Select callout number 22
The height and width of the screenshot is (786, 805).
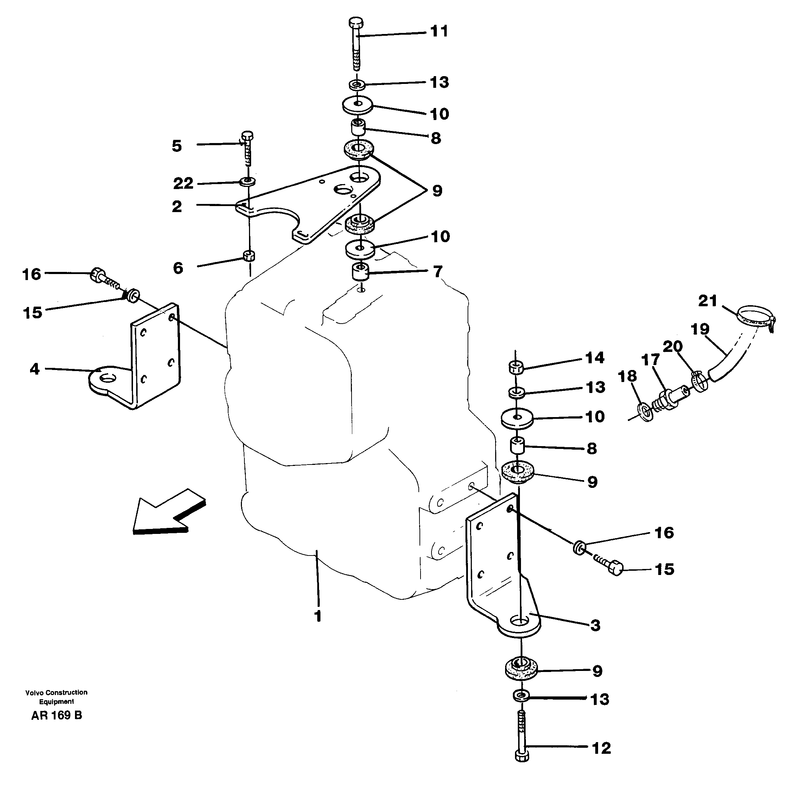pos(183,183)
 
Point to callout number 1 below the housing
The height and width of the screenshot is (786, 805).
pos(317,616)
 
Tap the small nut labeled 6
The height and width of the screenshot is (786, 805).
pos(249,256)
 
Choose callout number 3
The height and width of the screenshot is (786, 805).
pos(595,625)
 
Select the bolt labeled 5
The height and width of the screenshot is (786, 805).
pos(247,149)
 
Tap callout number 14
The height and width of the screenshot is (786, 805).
pos(595,358)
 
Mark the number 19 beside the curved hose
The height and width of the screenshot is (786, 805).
pos(700,329)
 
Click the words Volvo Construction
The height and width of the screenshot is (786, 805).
pos(56,692)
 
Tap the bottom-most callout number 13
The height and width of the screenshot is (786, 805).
pos(599,699)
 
